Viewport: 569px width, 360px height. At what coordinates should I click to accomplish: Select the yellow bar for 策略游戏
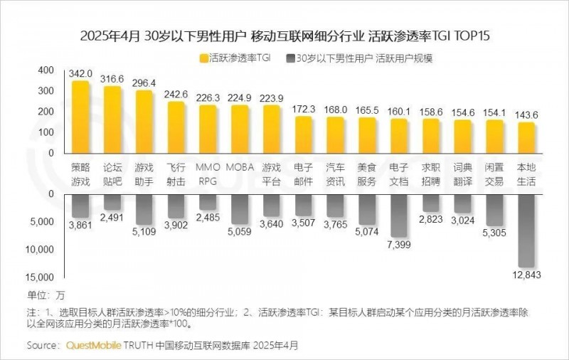[x=80, y=117]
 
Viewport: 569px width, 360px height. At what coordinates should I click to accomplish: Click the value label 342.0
[x=80, y=73]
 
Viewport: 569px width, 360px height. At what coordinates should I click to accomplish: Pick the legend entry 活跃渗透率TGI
[x=234, y=58]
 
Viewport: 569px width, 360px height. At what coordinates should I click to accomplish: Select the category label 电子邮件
[x=303, y=175]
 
